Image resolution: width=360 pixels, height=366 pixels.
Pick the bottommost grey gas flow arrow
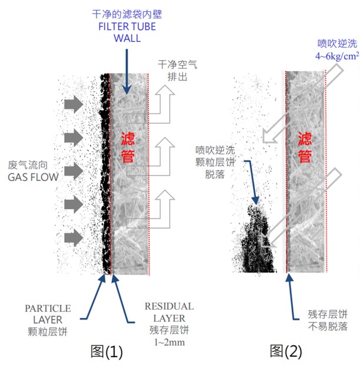pos(74,237)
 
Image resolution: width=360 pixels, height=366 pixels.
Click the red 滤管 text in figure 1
pos(128,148)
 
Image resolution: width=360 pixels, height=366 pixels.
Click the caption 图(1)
pos(106,351)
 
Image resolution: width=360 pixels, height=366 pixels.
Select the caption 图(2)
pos(286,351)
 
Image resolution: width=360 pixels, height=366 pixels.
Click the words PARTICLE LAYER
pos(48,314)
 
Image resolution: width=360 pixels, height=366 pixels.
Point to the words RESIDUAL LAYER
pos(169,313)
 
